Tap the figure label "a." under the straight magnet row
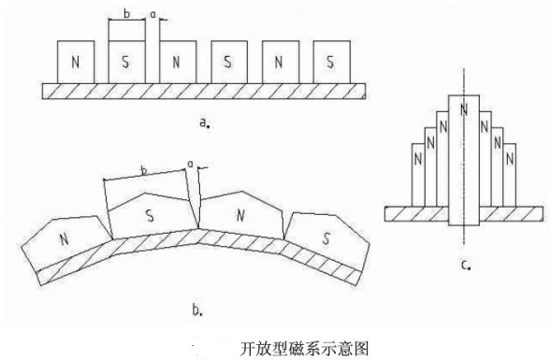click(204, 121)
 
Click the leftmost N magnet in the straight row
click(75, 63)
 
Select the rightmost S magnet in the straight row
click(330, 63)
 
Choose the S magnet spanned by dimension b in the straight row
click(126, 63)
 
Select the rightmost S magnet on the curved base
click(324, 235)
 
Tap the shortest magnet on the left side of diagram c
click(420, 174)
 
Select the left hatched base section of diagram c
click(417, 212)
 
